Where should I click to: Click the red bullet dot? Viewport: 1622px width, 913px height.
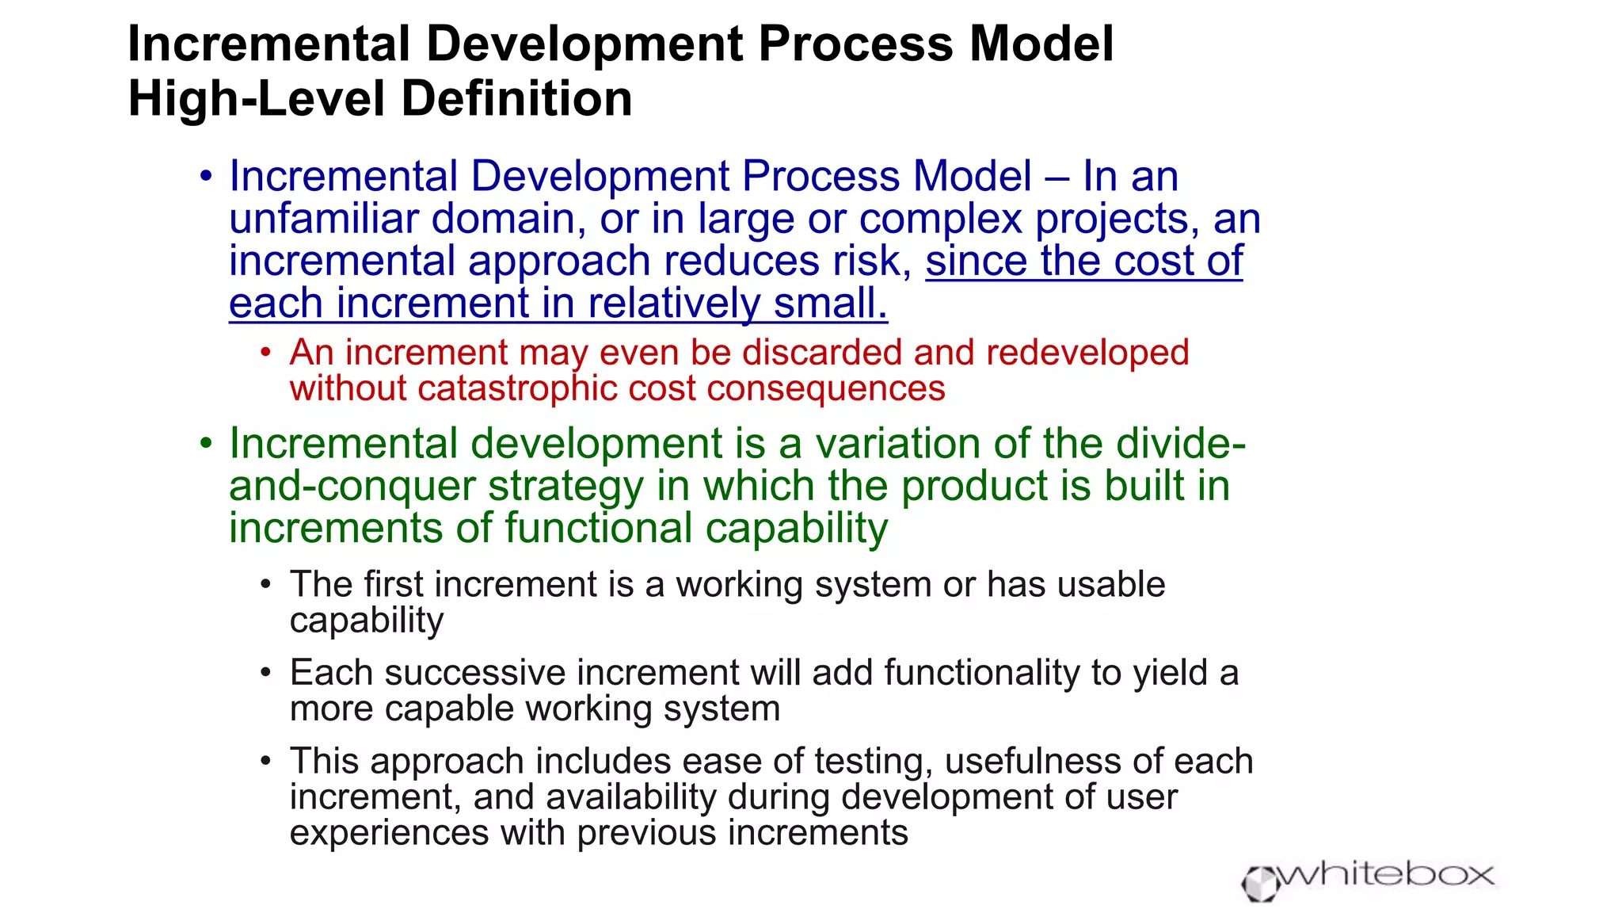(x=266, y=352)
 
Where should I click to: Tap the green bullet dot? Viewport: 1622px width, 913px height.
(x=206, y=443)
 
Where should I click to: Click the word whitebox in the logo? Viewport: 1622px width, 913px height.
(x=1386, y=876)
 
